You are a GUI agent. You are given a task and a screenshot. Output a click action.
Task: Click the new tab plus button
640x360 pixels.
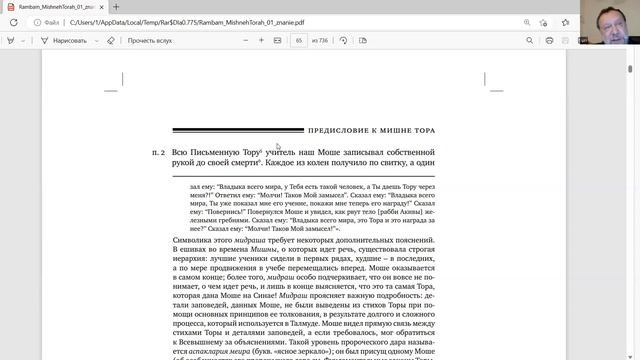coord(115,6)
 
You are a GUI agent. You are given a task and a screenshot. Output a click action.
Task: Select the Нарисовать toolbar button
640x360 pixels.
coord(63,41)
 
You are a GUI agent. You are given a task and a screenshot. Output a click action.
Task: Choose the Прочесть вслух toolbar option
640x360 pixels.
coord(149,41)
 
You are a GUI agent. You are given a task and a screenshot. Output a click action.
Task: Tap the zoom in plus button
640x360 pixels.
coord(262,41)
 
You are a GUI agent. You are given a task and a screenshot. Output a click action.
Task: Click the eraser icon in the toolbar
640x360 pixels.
coord(111,41)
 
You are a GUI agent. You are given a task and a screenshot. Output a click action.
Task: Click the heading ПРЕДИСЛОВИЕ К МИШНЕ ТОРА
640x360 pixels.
coord(384,130)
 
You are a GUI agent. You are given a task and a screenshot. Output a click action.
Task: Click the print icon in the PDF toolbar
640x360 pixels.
coord(551,41)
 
